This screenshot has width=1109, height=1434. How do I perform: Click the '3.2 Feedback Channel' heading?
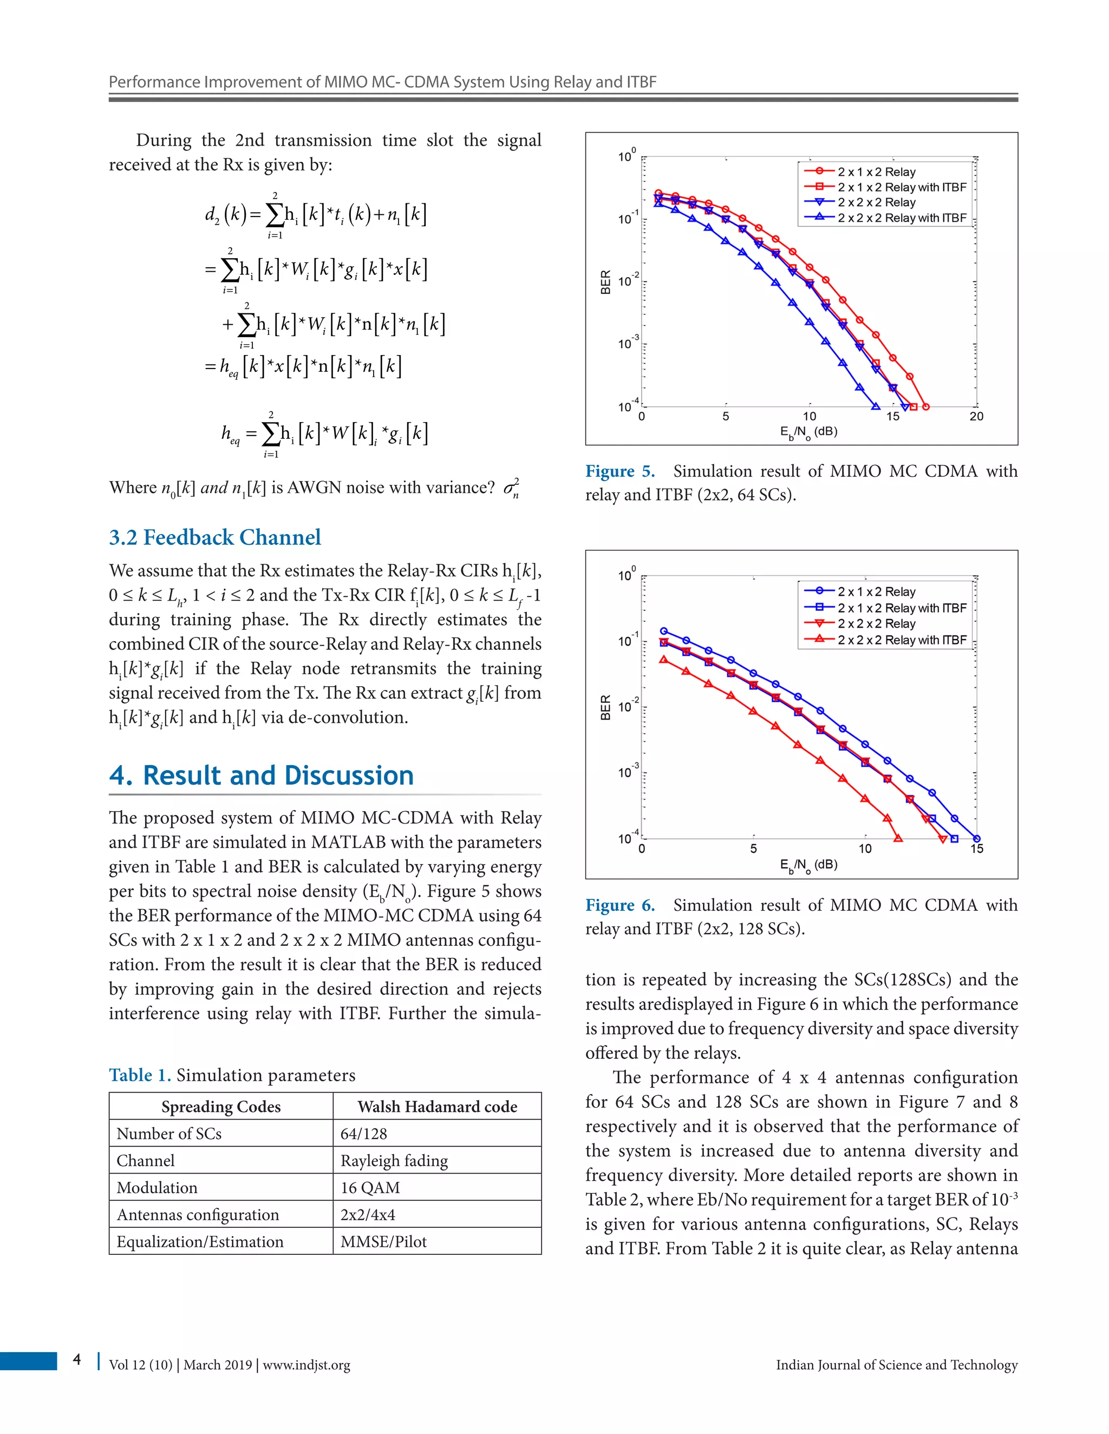(215, 537)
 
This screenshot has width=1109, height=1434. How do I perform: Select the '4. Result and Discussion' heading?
(262, 775)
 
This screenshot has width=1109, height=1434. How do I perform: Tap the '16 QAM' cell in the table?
(370, 1187)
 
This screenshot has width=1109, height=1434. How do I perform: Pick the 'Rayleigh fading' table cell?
(394, 1160)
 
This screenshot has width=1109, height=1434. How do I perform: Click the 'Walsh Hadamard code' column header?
(437, 1107)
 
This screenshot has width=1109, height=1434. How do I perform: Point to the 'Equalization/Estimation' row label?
(200, 1241)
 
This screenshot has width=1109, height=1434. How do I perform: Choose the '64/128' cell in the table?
(363, 1133)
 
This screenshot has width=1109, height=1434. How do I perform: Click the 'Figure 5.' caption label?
(619, 471)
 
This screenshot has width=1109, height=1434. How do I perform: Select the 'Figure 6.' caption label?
(619, 905)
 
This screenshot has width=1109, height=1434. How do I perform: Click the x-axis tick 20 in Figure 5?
(976, 416)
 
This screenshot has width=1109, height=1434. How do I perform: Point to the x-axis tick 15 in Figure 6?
(976, 848)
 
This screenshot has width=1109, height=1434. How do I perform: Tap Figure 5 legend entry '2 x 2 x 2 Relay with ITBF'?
(902, 218)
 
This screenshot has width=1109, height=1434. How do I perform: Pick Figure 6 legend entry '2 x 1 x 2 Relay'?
(876, 591)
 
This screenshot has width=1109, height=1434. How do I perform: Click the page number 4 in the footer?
(77, 1359)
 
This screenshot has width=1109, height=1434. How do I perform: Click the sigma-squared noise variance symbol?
(511, 489)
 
